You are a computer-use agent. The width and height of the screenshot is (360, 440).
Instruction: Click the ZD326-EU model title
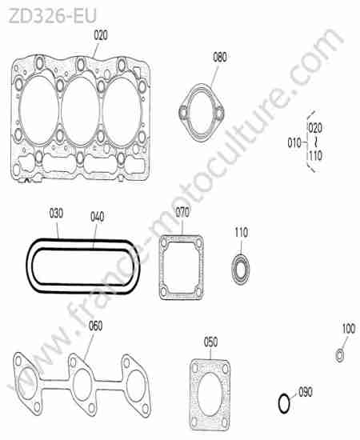pos(53,16)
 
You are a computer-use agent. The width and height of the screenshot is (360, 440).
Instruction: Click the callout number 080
pos(220,58)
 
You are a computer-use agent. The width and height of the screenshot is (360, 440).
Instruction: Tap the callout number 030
pos(56,214)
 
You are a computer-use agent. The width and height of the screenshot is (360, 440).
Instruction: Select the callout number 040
pos(98,217)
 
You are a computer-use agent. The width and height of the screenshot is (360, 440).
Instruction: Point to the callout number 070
pos(182,213)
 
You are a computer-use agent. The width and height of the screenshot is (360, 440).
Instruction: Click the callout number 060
pos(96,326)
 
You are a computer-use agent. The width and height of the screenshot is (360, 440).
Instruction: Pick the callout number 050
pos(210,342)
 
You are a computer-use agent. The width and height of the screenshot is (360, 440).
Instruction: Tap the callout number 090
pos(306,392)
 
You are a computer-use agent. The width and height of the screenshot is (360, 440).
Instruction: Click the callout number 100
pos(349,328)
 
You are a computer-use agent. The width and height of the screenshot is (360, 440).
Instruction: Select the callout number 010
pos(294,143)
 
